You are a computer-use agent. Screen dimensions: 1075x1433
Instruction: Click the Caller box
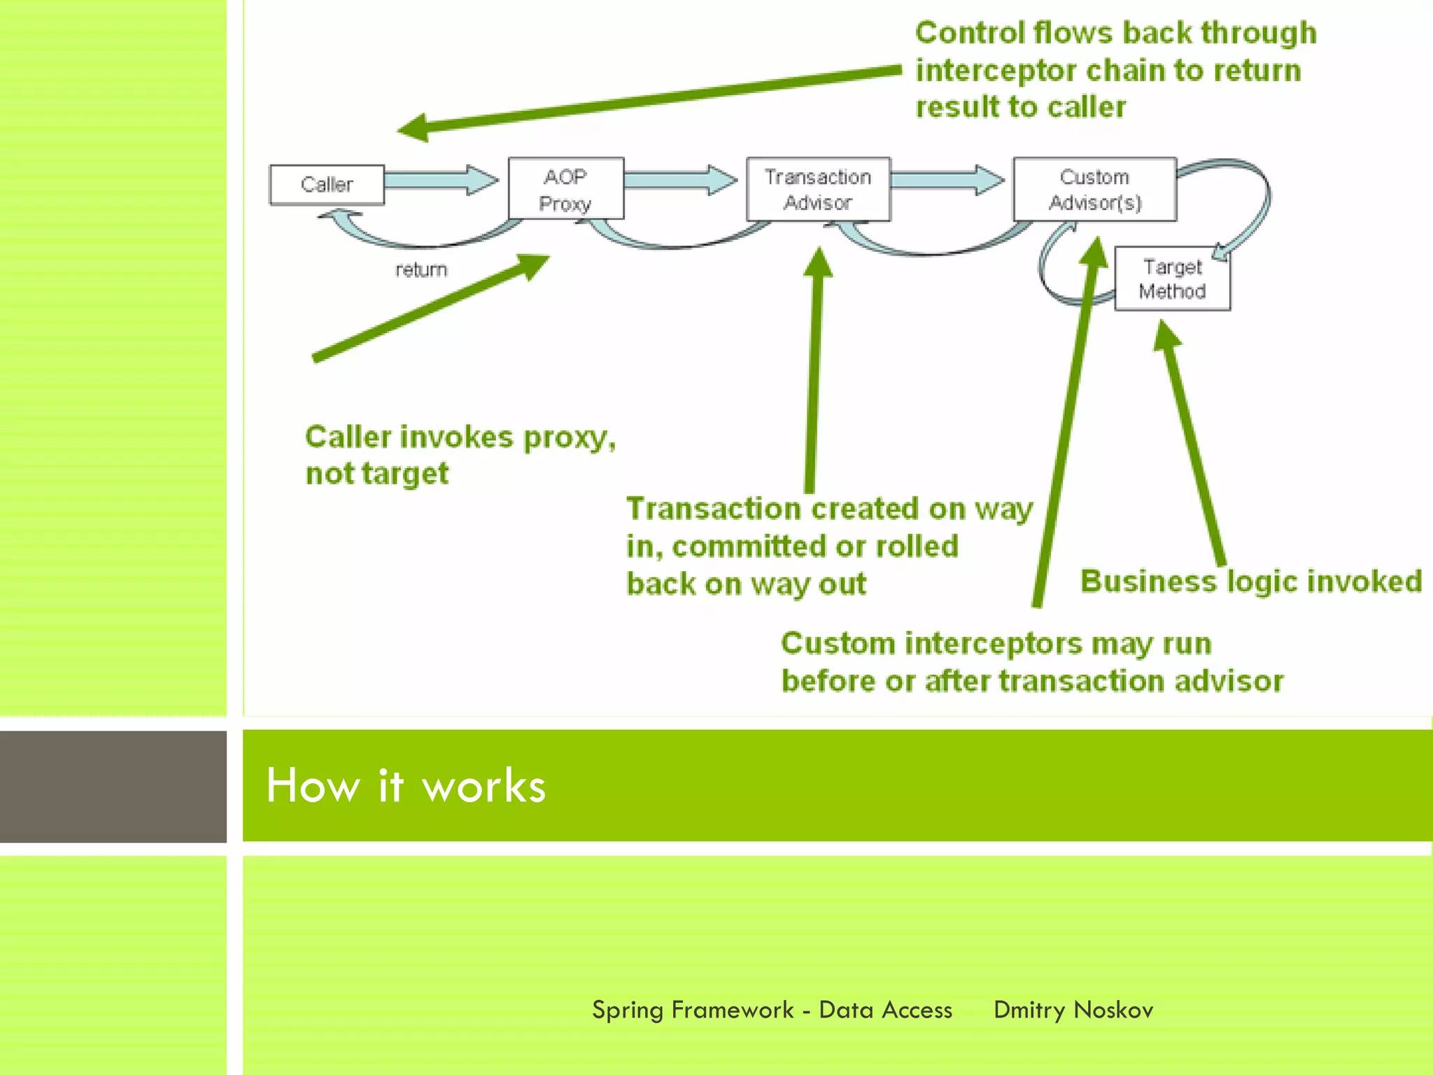327,185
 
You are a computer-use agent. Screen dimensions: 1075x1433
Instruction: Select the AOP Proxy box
565,189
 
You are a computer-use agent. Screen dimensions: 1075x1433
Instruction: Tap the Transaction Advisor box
818,189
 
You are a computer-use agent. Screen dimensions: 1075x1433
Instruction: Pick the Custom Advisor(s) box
1094,189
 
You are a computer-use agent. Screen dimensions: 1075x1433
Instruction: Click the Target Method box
1172,279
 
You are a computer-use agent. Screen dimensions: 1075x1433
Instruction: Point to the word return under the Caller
421,269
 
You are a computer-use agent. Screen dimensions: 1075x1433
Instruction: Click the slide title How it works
405,785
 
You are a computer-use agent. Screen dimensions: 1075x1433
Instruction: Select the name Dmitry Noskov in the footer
1073,1010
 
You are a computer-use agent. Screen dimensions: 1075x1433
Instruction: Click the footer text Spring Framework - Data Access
772,1010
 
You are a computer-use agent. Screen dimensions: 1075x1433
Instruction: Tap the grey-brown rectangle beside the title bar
113,786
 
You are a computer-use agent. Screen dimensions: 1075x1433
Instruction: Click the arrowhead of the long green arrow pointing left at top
414,128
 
